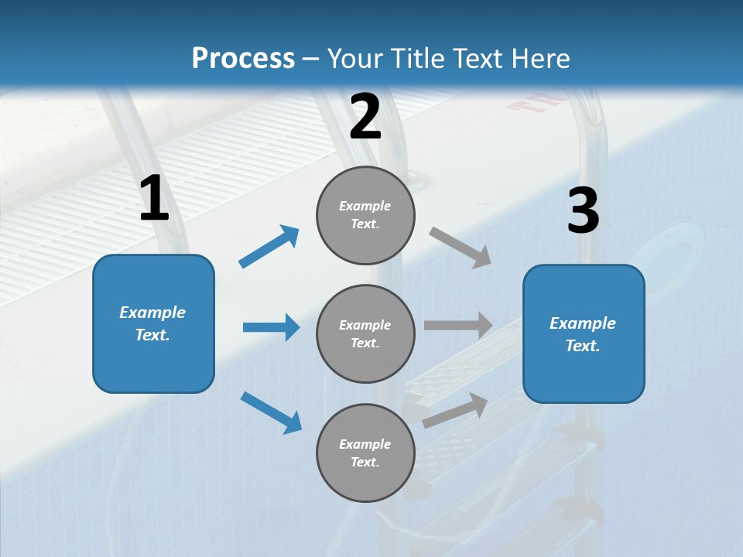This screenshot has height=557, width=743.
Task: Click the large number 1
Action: click(x=154, y=198)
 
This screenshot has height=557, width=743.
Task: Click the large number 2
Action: click(x=365, y=117)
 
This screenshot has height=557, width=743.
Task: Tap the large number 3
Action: click(x=583, y=211)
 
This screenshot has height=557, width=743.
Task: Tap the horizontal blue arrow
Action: click(x=271, y=327)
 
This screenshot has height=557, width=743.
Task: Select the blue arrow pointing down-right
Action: click(x=271, y=412)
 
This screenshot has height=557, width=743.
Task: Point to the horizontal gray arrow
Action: click(x=458, y=325)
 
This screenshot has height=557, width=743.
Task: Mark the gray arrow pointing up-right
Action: click(x=455, y=411)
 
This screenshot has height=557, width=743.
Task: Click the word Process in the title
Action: click(x=243, y=58)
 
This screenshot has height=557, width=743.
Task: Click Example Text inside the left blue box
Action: click(x=152, y=323)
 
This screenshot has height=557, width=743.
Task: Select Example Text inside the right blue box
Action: click(x=583, y=334)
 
